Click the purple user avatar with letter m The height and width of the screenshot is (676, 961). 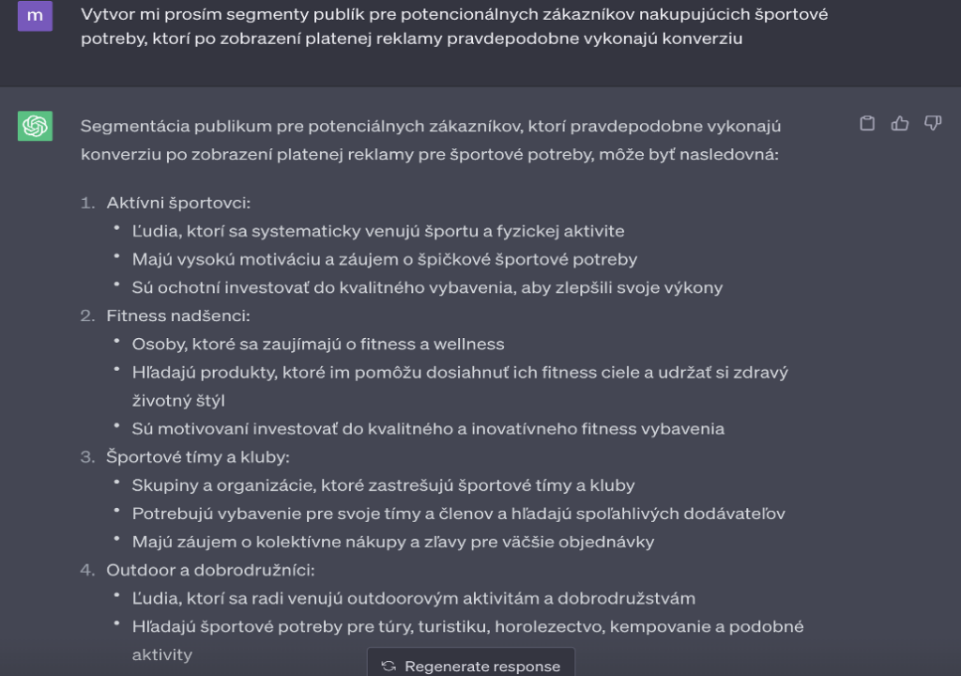(x=35, y=15)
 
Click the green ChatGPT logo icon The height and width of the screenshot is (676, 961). (x=35, y=126)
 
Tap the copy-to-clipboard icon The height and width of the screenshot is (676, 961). (x=868, y=124)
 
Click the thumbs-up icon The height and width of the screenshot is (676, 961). (x=900, y=124)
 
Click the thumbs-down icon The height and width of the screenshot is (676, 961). (x=932, y=124)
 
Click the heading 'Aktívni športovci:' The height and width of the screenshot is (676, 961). (x=178, y=203)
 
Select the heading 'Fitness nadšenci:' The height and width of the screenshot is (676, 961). (x=177, y=316)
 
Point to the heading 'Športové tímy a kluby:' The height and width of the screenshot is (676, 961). (x=198, y=457)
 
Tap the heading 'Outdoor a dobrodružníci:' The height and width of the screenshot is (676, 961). (x=210, y=570)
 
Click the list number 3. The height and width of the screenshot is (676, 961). (x=87, y=457)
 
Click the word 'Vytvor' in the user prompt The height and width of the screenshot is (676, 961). (x=105, y=15)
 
